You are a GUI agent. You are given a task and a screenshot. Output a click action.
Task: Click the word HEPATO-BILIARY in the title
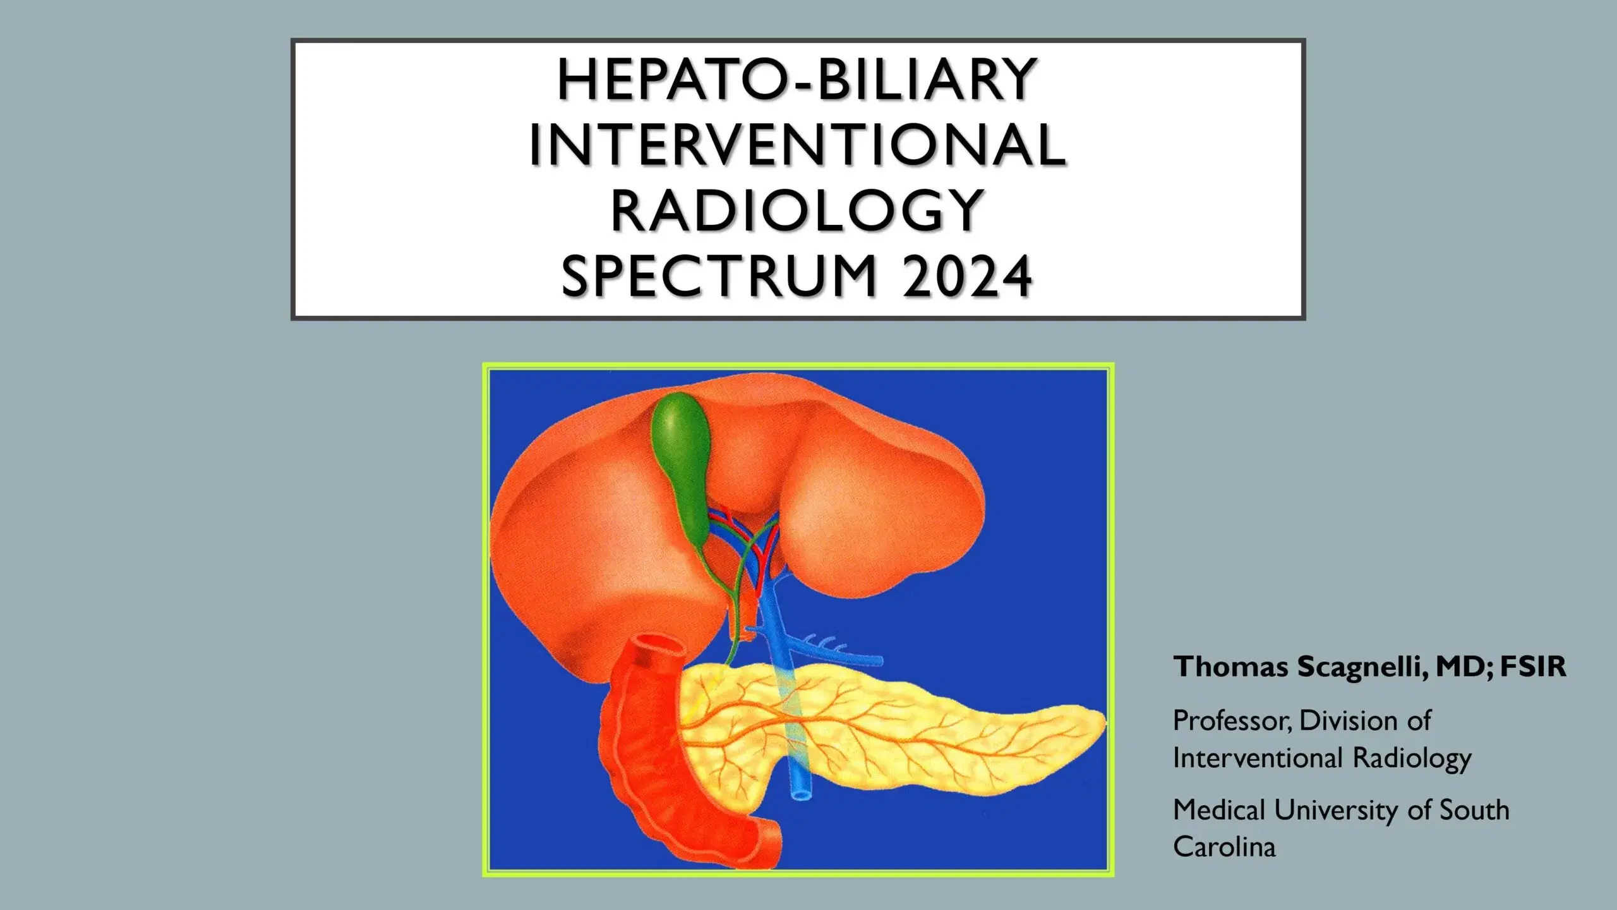(x=797, y=80)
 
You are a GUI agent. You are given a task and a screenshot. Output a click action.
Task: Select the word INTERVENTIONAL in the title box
(x=797, y=146)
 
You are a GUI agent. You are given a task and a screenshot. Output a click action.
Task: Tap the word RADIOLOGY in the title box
(x=797, y=212)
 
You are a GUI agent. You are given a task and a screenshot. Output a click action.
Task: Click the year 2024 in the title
(x=968, y=277)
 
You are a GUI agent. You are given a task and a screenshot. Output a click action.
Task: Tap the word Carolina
(x=1224, y=847)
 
